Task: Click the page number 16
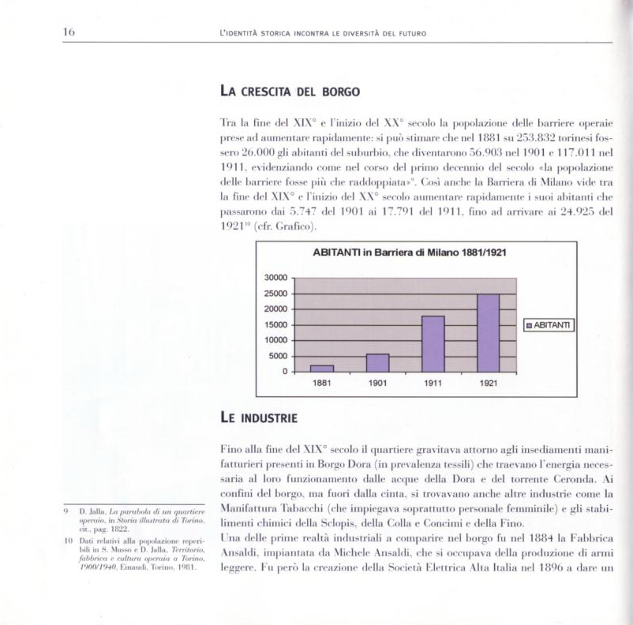[69, 32]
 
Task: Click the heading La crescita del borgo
[290, 92]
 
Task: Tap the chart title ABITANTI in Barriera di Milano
[410, 253]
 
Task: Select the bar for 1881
[322, 368]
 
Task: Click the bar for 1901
[378, 362]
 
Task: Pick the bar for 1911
[433, 343]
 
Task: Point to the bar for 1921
[489, 333]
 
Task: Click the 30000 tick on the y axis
[275, 279]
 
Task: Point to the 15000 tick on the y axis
[275, 325]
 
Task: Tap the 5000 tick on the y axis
[278, 356]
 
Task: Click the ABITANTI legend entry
[549, 325]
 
